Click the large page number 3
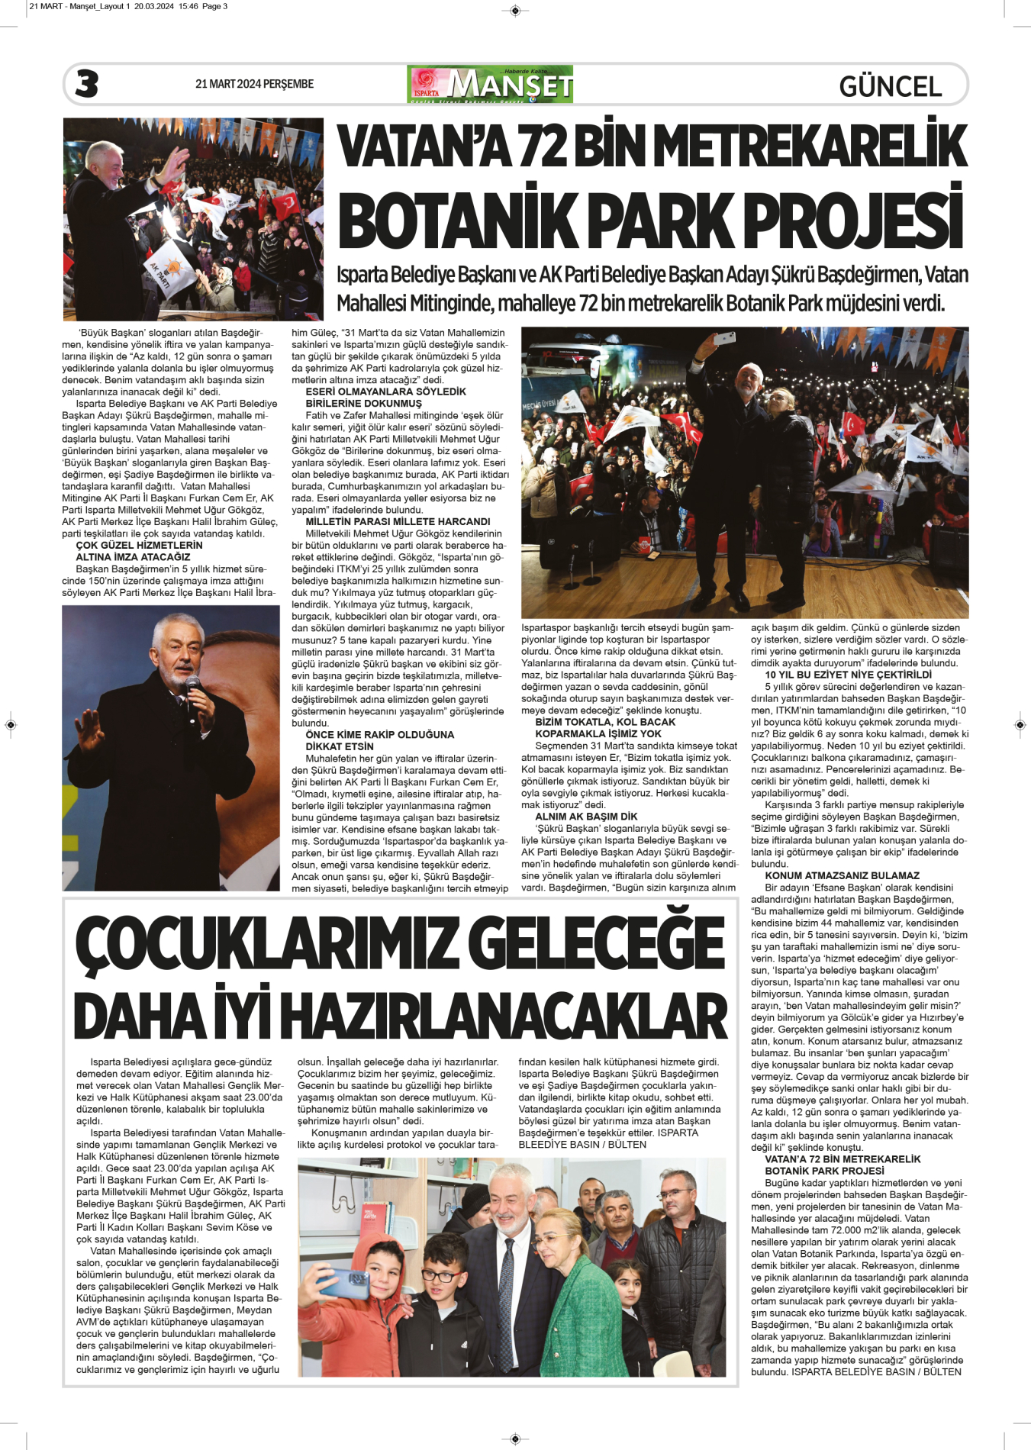[x=87, y=84]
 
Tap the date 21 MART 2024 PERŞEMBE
[x=254, y=84]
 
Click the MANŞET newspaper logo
[x=491, y=84]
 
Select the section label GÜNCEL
[x=890, y=86]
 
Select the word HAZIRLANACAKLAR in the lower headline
[x=508, y=1017]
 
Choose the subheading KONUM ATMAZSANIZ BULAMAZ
[x=842, y=875]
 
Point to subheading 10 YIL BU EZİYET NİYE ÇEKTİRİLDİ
[x=848, y=675]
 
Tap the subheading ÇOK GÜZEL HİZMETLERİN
[x=139, y=545]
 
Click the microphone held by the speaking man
[x=192, y=686]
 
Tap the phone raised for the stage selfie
[x=724, y=337]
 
